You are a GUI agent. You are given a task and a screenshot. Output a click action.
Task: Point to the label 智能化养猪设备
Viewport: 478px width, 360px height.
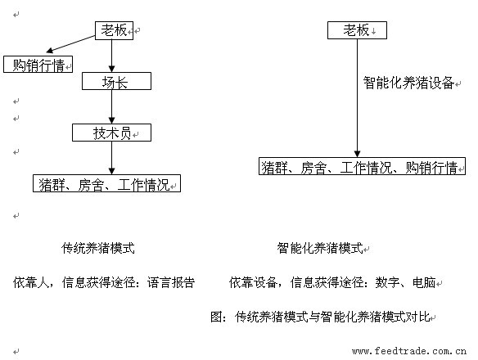pos(408,83)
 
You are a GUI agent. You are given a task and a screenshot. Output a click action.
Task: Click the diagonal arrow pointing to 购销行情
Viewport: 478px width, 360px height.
pos(70,44)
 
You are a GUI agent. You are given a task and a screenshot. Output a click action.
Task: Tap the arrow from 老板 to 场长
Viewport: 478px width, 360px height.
pos(111,56)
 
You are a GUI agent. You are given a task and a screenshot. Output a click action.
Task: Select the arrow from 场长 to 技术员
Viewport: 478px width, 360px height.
pos(111,107)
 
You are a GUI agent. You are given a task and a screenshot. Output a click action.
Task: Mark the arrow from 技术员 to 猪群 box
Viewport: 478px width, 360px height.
pos(111,158)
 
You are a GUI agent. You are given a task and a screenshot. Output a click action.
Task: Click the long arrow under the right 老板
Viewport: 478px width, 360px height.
pos(358,98)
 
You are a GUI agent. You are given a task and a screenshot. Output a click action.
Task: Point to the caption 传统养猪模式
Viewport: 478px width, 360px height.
pos(98,248)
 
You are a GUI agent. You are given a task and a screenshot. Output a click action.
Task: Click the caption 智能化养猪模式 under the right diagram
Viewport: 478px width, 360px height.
pos(320,248)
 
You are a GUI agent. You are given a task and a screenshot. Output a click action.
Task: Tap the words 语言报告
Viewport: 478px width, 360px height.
pos(171,282)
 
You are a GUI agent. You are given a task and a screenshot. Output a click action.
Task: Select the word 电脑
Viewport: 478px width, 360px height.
pos(424,282)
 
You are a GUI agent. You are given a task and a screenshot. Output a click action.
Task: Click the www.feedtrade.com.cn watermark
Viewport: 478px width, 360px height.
pos(409,351)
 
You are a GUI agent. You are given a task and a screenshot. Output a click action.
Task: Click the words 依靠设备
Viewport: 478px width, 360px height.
pos(253,282)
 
